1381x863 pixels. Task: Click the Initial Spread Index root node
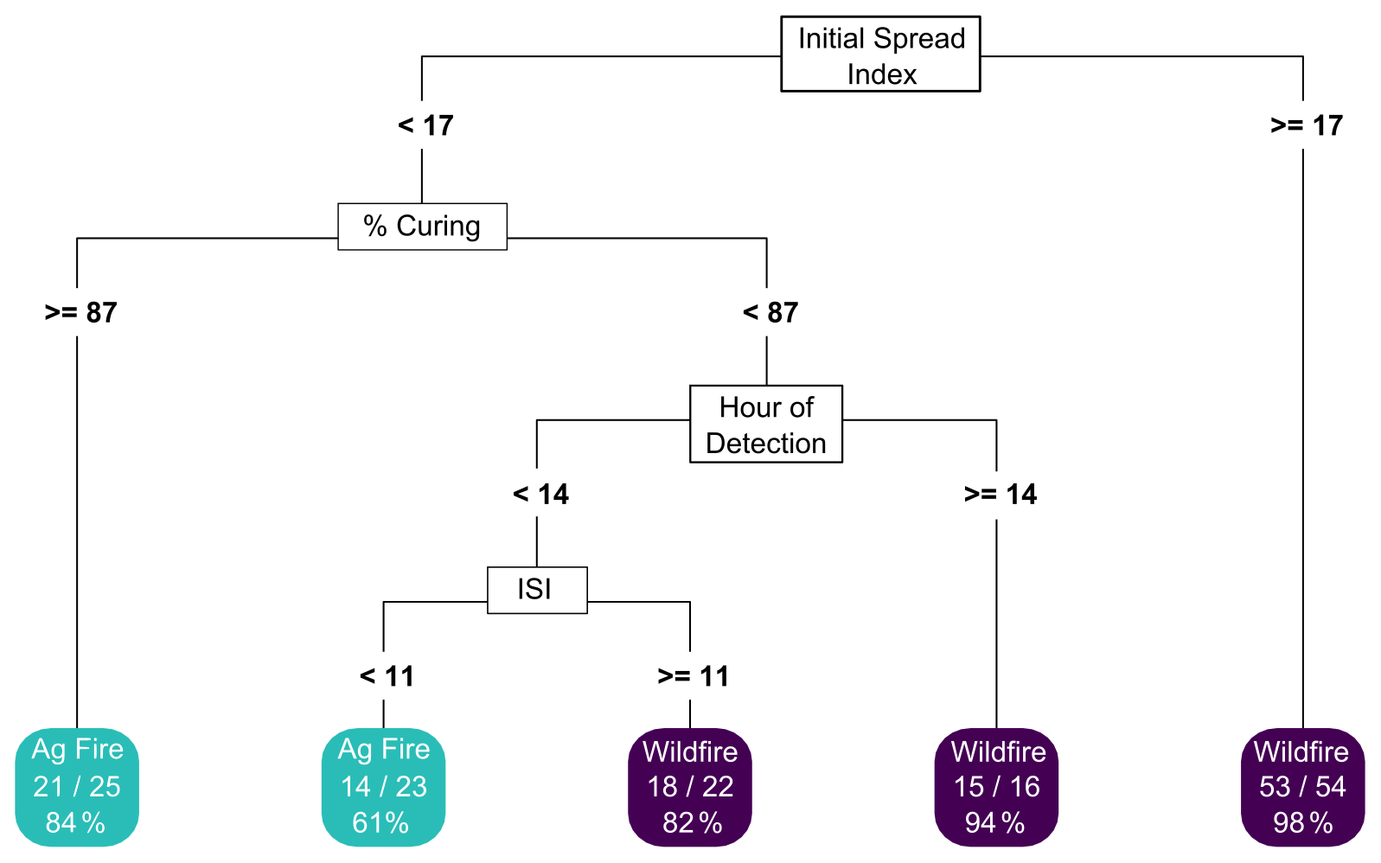click(x=880, y=54)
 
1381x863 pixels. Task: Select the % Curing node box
click(x=422, y=227)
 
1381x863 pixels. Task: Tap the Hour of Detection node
click(x=766, y=425)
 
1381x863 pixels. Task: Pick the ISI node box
click(x=537, y=590)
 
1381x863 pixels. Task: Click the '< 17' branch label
click(x=425, y=125)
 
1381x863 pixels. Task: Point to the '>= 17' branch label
click(x=1307, y=125)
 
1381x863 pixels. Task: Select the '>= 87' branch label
click(x=80, y=312)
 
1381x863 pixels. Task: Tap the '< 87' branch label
click(x=770, y=312)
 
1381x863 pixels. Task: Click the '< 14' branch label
click(x=540, y=494)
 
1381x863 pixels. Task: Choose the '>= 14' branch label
click(x=1001, y=494)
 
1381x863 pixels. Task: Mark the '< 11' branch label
click(x=387, y=675)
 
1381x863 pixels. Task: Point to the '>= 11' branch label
click(x=694, y=675)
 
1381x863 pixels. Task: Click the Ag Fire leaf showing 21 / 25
click(x=77, y=786)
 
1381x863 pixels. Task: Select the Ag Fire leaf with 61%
click(x=383, y=786)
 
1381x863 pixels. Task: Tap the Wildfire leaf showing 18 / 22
click(x=690, y=786)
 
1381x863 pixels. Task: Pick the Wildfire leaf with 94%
click(x=996, y=786)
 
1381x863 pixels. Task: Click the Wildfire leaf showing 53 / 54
click(x=1302, y=786)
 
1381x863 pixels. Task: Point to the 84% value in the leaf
click(x=75, y=822)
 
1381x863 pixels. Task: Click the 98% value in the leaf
click(x=1302, y=822)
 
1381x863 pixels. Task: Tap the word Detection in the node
click(x=766, y=444)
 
